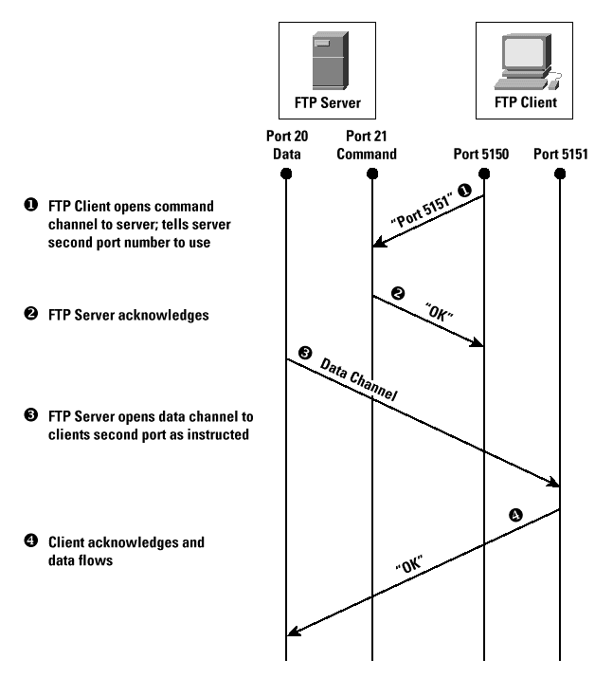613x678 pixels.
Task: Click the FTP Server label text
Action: [328, 103]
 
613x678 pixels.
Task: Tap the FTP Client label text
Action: [525, 102]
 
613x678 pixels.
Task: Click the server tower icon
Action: [331, 60]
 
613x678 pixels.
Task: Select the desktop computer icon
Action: [528, 62]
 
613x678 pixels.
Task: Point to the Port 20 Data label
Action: [287, 145]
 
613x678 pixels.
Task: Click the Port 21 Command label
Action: [367, 145]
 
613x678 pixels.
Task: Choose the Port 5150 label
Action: [480, 154]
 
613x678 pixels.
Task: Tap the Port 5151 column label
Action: [560, 154]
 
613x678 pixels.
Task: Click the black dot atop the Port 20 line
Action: [286, 174]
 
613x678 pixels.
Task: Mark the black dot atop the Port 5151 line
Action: [560, 174]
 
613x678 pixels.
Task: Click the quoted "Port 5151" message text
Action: [422, 211]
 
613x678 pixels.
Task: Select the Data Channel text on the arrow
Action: [358, 379]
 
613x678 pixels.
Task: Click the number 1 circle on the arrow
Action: [464, 191]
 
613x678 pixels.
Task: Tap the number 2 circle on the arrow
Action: [398, 293]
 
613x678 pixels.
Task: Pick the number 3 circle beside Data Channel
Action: [305, 353]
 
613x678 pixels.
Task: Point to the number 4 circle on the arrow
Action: [515, 515]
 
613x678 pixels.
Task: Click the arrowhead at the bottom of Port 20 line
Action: [293, 632]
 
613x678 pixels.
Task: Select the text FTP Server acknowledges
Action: [128, 315]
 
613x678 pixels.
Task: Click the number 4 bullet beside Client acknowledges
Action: [30, 541]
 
